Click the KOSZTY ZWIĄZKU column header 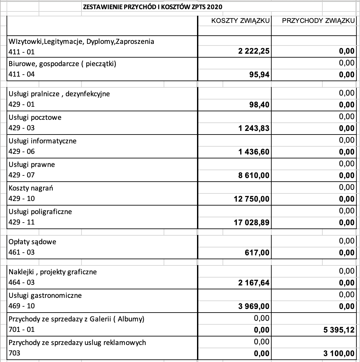240,21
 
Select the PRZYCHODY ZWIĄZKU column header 318,21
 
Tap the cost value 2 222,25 254,51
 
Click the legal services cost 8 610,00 254,175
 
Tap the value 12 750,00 252,199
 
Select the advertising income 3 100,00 339,353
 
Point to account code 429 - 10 22,199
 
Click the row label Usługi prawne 32,165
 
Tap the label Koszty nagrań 31,188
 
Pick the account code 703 14,353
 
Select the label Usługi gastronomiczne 45,296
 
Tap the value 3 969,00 254,306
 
